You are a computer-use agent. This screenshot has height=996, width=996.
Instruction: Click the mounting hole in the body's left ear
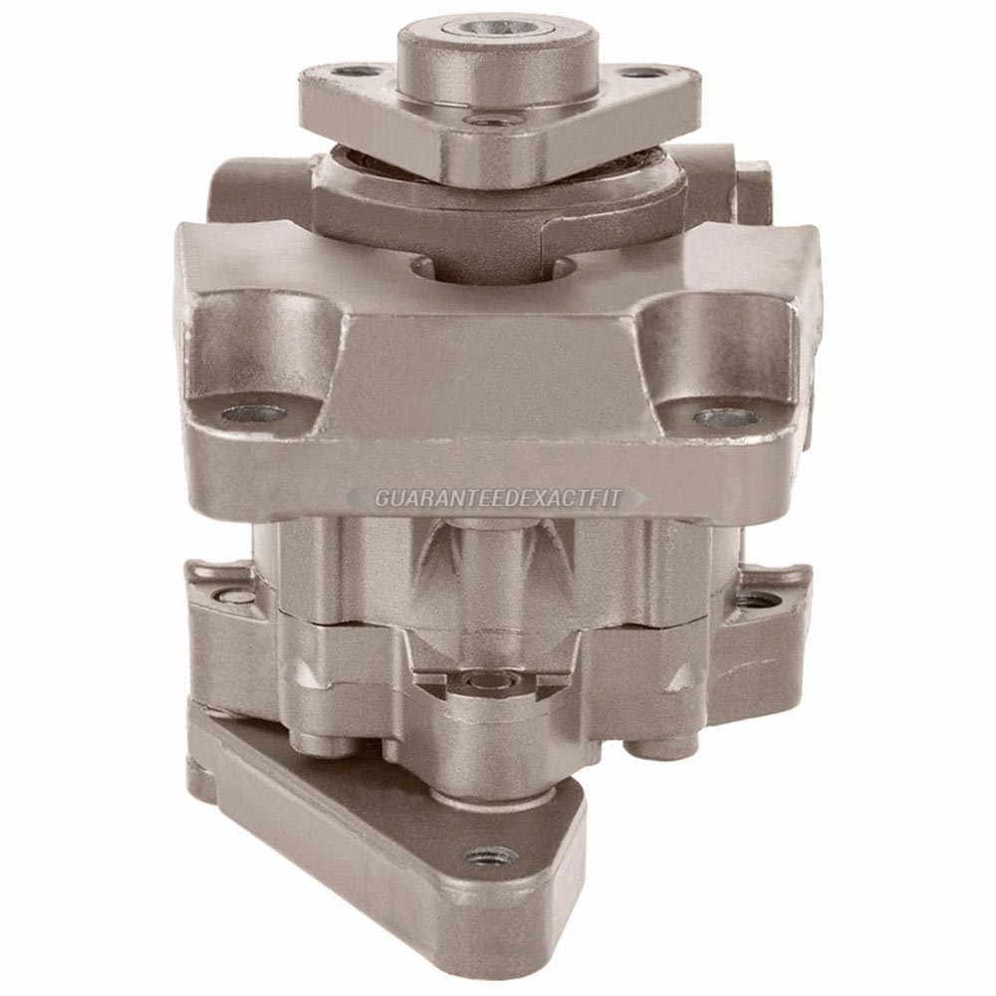[253, 414]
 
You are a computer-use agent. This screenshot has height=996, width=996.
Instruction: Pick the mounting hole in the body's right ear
[725, 418]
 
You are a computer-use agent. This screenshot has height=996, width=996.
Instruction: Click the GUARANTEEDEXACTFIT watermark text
[497, 498]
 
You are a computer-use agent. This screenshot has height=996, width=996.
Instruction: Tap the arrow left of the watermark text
[358, 497]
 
